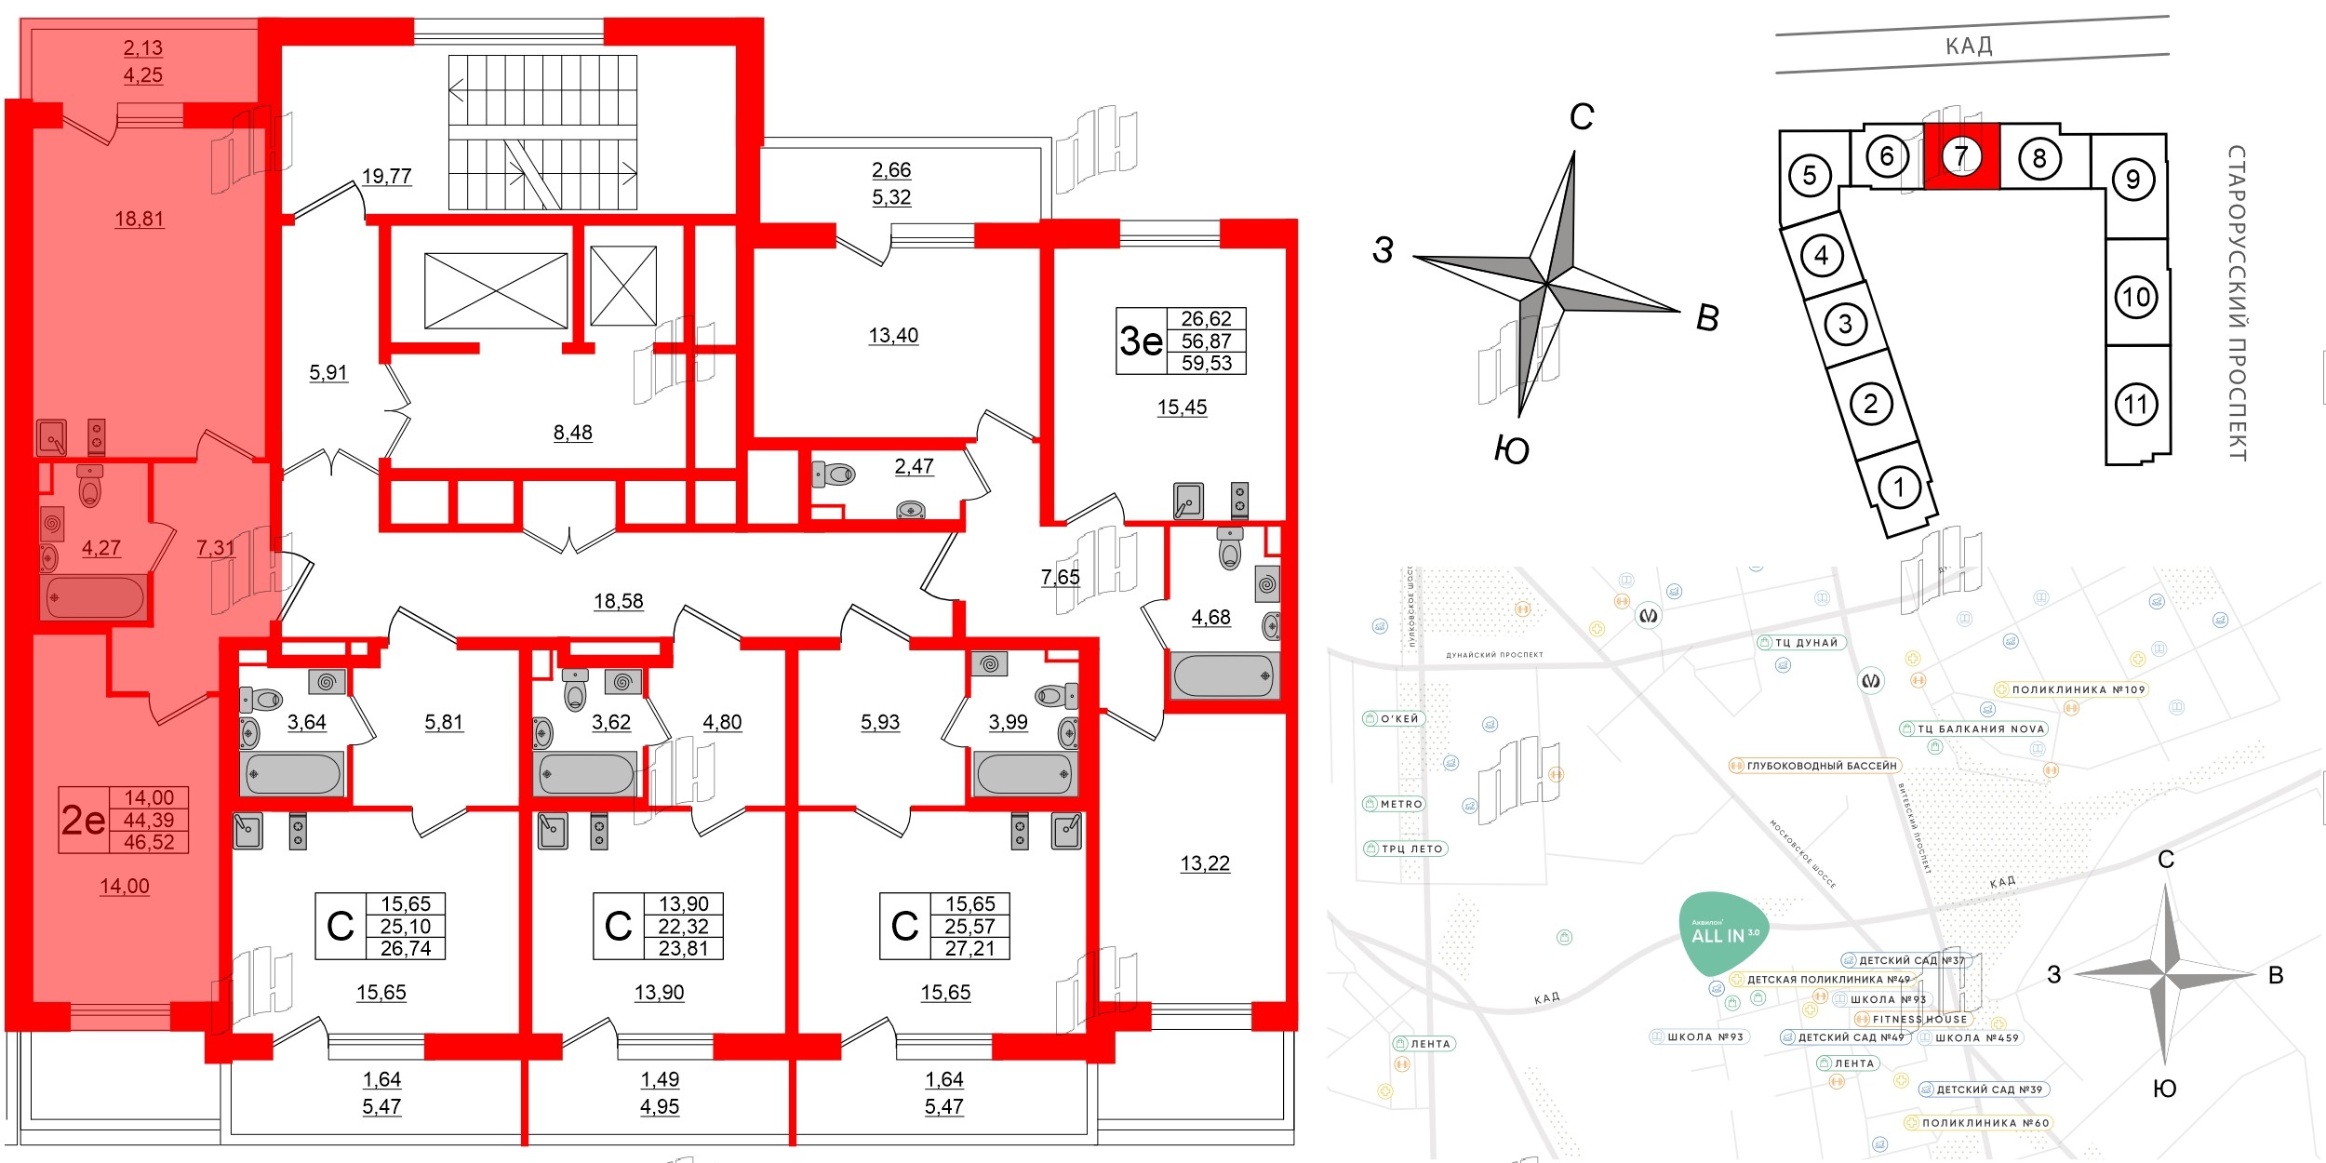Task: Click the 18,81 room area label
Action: coord(140,219)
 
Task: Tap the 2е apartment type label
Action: coord(83,820)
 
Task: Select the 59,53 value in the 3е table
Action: coord(1206,364)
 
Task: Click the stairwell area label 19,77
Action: coord(386,176)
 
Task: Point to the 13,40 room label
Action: coord(893,335)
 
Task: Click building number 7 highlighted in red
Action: coord(1960,156)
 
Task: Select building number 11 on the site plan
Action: coord(2136,405)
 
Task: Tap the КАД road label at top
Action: coord(1969,46)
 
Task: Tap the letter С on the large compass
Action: coord(1582,117)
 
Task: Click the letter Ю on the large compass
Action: coord(1512,450)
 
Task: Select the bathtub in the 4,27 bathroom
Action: coord(93,597)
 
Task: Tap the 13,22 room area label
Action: coord(1205,863)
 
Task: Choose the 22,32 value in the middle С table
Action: coord(683,927)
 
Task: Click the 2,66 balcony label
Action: coord(891,170)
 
